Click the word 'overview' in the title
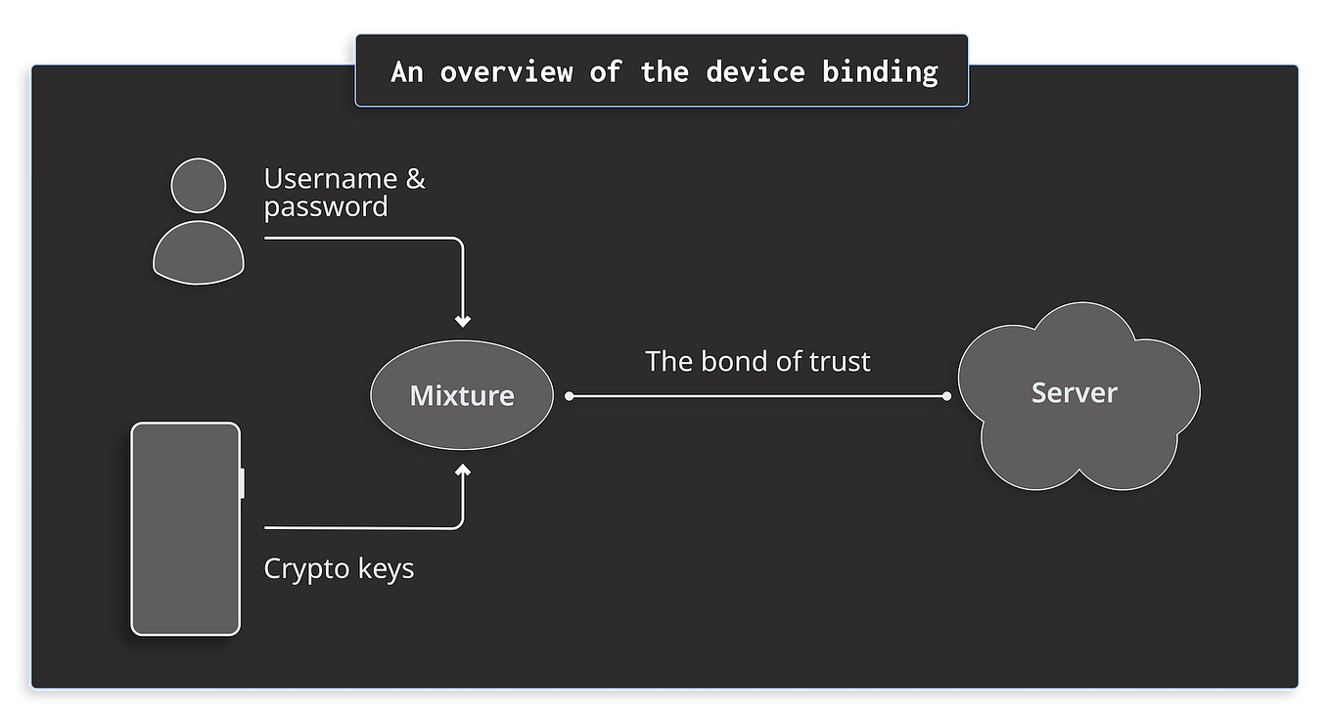tap(505, 71)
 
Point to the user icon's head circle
tap(199, 186)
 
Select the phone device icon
tap(185, 528)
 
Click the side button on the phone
tap(242, 483)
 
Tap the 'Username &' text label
tap(344, 179)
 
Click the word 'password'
tap(326, 207)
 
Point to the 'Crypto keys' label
tap(339, 568)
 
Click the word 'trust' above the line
tap(840, 361)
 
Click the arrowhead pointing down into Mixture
tap(463, 321)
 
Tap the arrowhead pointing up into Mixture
tap(463, 472)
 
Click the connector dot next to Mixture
tap(570, 396)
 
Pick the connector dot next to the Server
tap(946, 396)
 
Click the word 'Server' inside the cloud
tap(1075, 393)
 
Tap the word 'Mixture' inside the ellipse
tap(462, 396)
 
